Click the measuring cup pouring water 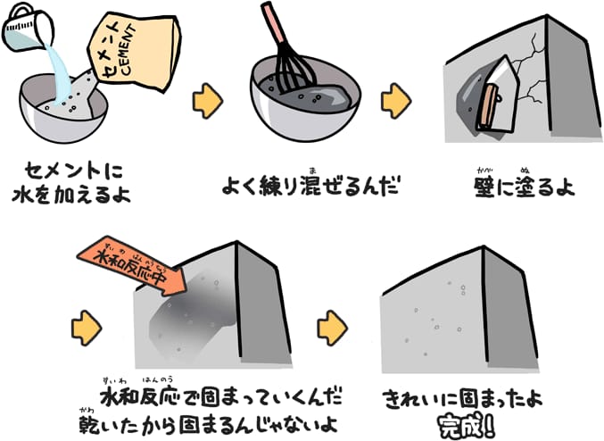point(27,29)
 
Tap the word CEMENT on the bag point(128,49)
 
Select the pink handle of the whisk point(274,22)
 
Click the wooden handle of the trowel point(488,107)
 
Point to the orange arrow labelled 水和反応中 point(132,266)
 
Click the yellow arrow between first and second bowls point(208,101)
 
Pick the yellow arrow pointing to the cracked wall point(396,101)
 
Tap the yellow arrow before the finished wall point(333,328)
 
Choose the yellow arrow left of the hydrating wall point(87,328)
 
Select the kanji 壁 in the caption point(484,187)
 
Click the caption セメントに point(73,170)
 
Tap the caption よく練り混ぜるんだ point(310,186)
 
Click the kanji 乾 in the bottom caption point(89,424)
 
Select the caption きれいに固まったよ point(462,399)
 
